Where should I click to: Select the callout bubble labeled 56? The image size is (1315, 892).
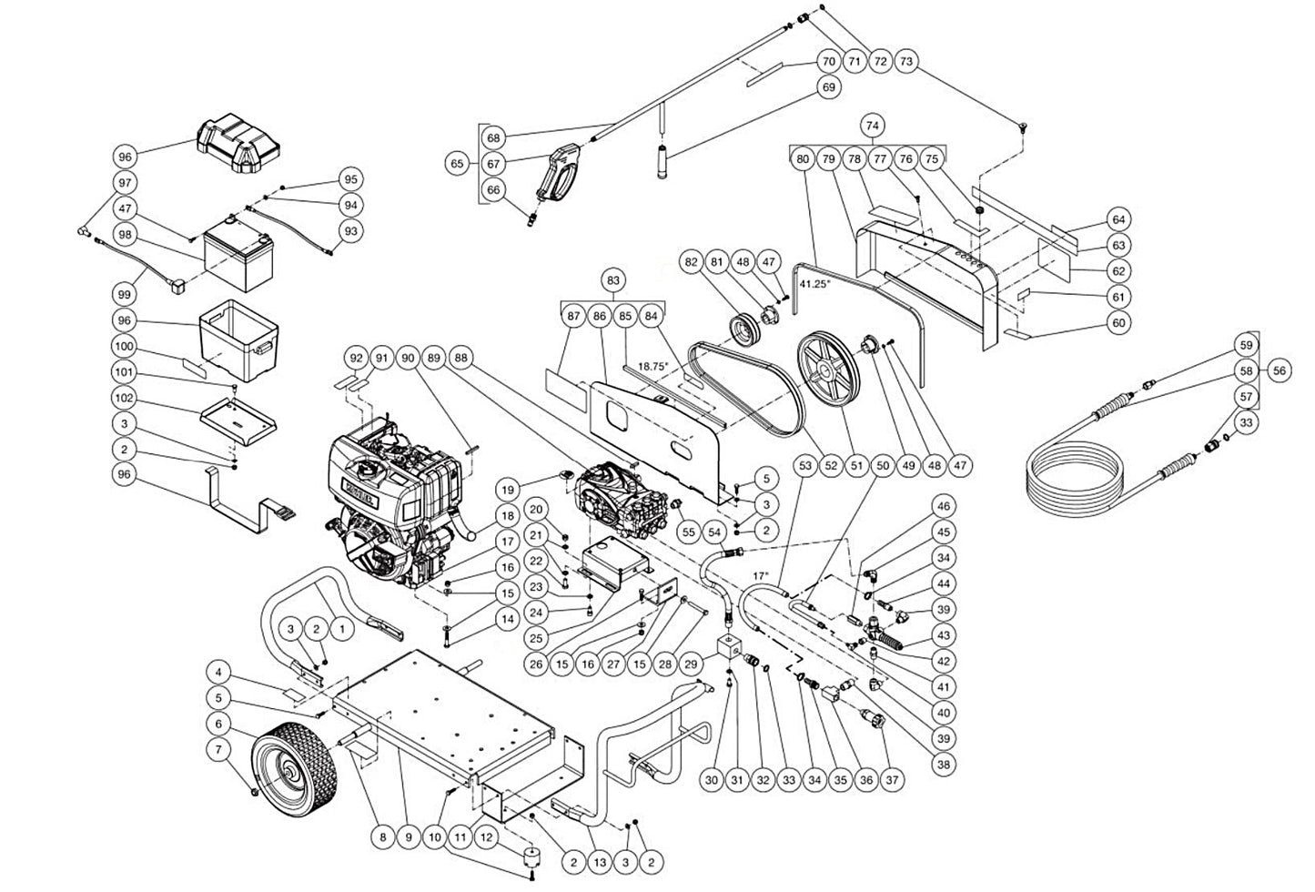(1280, 370)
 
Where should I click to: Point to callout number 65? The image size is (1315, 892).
(458, 164)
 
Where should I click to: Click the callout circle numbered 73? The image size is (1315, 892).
(905, 62)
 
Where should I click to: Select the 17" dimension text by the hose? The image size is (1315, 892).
(762, 576)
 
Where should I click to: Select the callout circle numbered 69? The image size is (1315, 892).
(828, 87)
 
